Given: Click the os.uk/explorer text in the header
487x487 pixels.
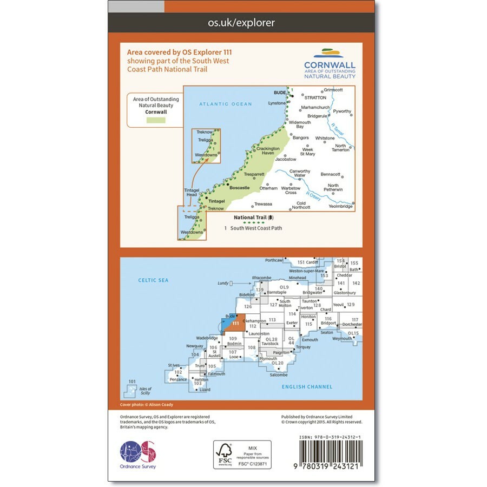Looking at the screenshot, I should point(241,23).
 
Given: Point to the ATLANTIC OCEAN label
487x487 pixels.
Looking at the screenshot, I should point(226,104).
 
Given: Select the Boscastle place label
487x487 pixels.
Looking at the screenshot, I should point(240,188).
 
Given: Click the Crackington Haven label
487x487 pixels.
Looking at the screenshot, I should point(268,151).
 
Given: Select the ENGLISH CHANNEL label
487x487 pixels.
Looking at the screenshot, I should point(307,387).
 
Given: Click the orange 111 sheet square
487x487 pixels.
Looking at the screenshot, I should point(236,323).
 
